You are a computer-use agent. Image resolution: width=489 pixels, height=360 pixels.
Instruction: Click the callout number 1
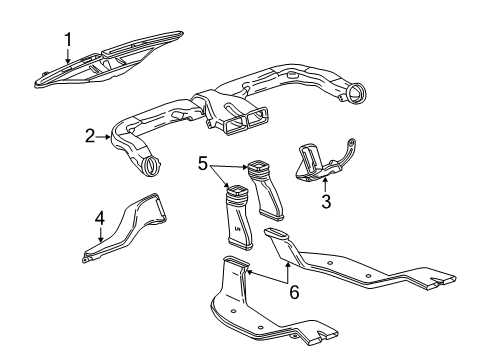68,40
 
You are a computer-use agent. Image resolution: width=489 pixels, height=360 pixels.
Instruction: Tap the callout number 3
325,201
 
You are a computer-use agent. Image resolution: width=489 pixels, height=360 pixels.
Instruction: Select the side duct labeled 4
130,230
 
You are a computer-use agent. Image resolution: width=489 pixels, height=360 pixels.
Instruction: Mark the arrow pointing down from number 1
68,57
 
